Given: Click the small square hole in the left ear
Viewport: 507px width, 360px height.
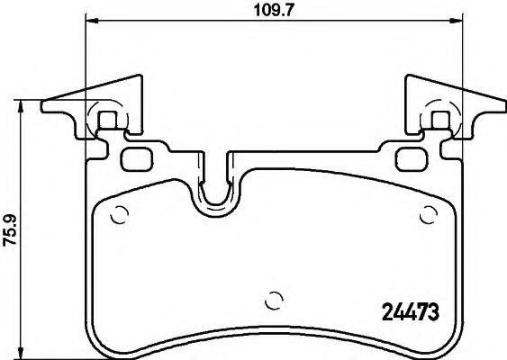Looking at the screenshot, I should tap(107, 119).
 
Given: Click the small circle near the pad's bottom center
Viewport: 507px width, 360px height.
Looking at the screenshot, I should tap(276, 301).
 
